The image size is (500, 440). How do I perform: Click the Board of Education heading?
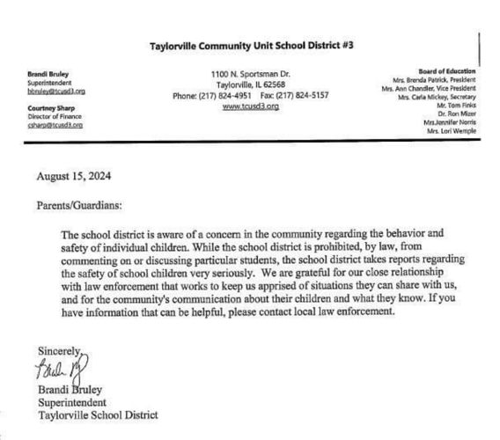click(x=448, y=70)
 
